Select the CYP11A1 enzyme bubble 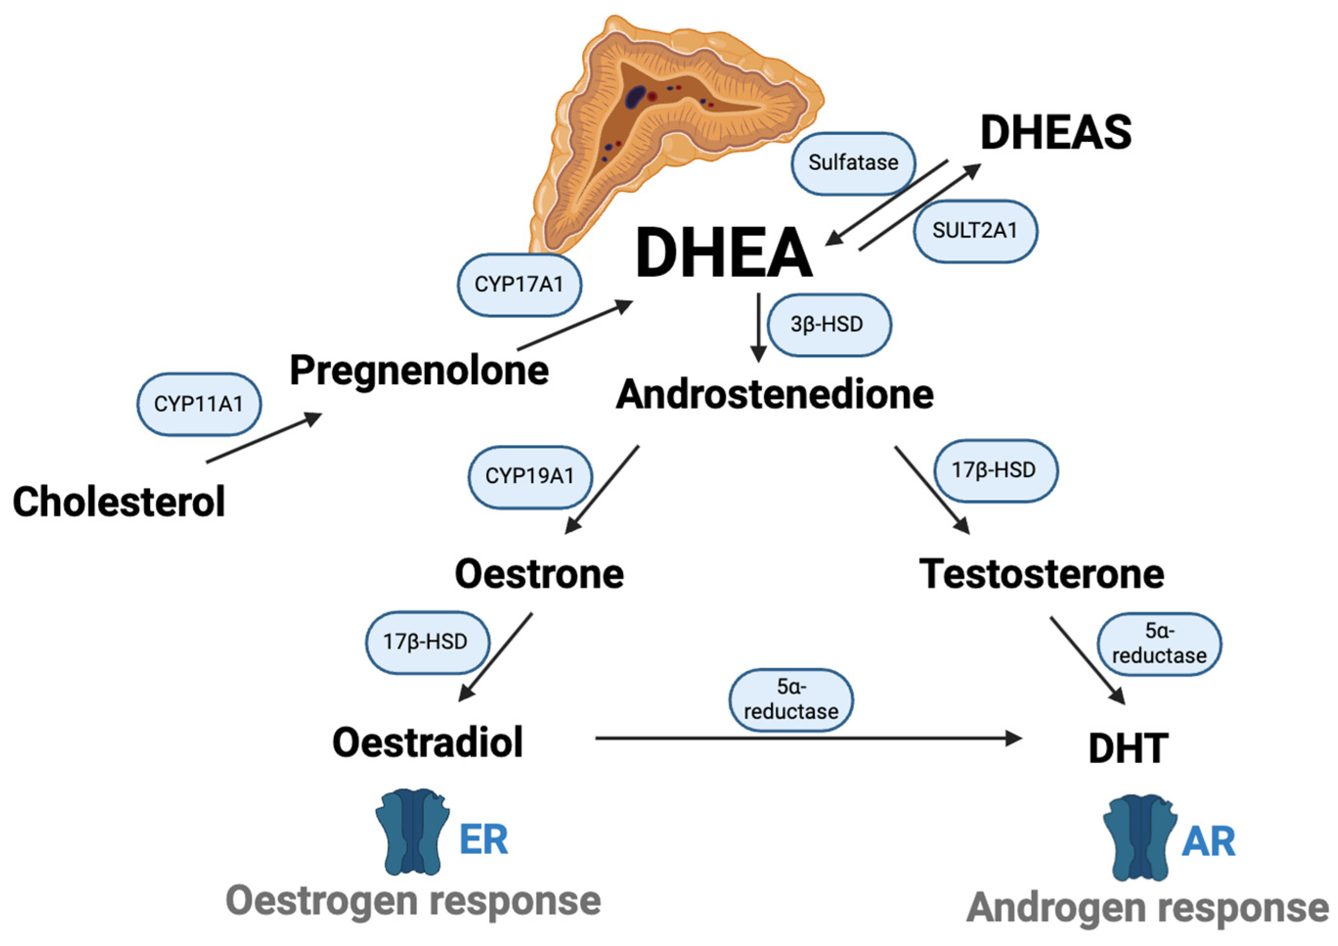click(x=199, y=404)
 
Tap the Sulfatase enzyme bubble click(x=853, y=163)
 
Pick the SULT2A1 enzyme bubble click(x=975, y=230)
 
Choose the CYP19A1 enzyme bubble click(x=530, y=476)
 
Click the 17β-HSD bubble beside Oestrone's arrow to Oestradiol click(x=426, y=642)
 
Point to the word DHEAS click(x=1056, y=133)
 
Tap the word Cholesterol click(x=119, y=502)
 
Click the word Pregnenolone click(x=419, y=371)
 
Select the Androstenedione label click(x=775, y=395)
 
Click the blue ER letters click(x=483, y=840)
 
